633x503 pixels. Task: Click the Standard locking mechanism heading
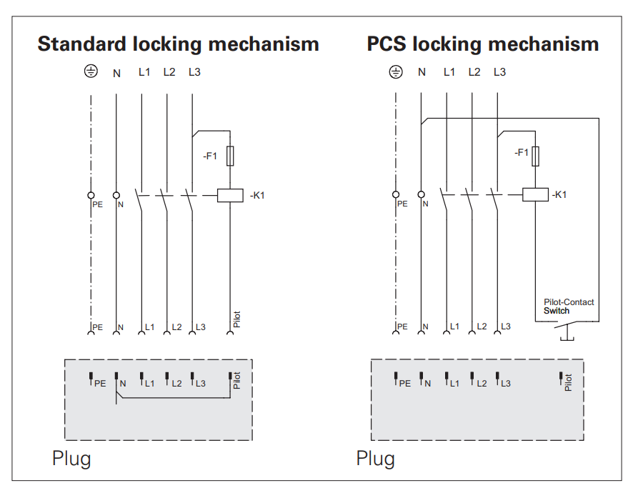click(x=178, y=44)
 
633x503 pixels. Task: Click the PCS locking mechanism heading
click(x=483, y=44)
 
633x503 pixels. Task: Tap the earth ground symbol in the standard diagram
click(x=91, y=72)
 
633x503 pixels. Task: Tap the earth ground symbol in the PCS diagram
click(x=395, y=72)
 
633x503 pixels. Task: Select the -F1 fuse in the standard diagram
click(x=229, y=156)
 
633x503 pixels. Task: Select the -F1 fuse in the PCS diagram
click(x=535, y=156)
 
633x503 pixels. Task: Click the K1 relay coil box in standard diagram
click(x=230, y=194)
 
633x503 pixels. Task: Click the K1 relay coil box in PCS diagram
click(x=535, y=194)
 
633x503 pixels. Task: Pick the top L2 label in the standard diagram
click(x=169, y=72)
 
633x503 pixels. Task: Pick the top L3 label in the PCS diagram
click(x=499, y=72)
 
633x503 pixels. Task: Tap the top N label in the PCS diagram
click(x=422, y=72)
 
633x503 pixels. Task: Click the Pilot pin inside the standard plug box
click(x=230, y=377)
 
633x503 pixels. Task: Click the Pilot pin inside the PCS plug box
click(x=562, y=378)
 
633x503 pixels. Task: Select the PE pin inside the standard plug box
click(x=91, y=378)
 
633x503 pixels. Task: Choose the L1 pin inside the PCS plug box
click(x=446, y=378)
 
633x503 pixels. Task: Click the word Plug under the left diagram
click(x=71, y=458)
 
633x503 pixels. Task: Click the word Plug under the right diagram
click(x=376, y=458)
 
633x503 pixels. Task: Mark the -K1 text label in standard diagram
click(x=257, y=195)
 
